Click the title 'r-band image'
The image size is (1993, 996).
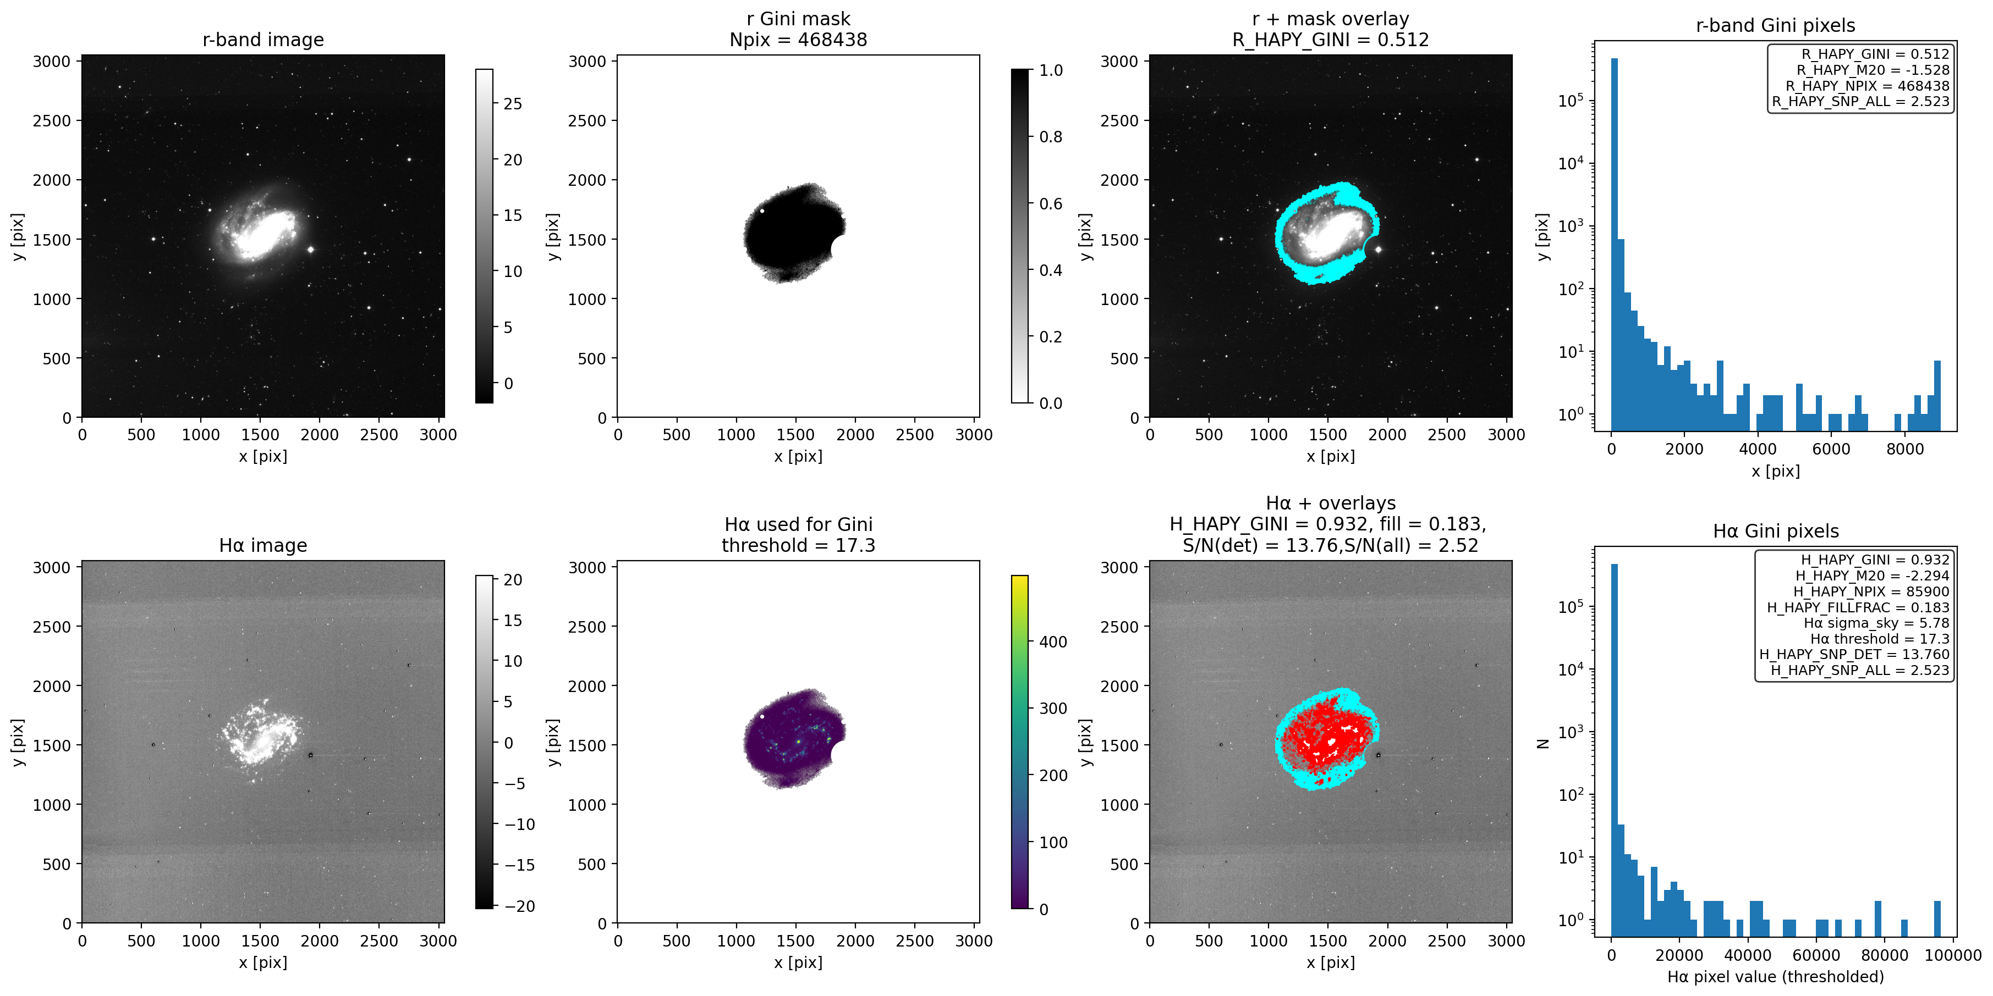(263, 40)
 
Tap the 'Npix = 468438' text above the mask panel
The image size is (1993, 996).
(798, 40)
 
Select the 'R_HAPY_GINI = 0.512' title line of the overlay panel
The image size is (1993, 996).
(1330, 40)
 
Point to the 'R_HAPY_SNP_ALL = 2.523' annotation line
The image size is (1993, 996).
(1860, 101)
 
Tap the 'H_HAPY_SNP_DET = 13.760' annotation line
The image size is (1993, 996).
(1854, 654)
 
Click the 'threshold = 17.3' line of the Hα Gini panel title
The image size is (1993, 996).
(798, 545)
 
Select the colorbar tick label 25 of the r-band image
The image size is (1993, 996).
(512, 104)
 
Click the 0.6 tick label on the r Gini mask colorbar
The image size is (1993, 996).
(1050, 203)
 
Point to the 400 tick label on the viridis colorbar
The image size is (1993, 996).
(1052, 642)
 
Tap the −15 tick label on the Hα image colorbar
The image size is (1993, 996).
(519, 865)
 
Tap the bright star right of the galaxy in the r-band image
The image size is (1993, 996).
(310, 250)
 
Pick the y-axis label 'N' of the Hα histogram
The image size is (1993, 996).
(1542, 743)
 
